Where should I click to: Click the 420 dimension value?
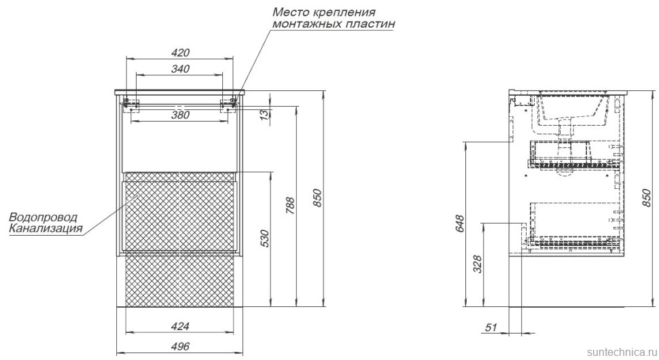[x=180, y=52]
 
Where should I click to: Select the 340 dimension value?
[x=180, y=69]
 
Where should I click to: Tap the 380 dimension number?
[x=180, y=115]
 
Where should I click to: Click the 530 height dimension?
[x=264, y=238]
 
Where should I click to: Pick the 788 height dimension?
[x=290, y=206]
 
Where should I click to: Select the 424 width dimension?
[x=180, y=326]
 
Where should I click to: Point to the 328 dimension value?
[x=478, y=264]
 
